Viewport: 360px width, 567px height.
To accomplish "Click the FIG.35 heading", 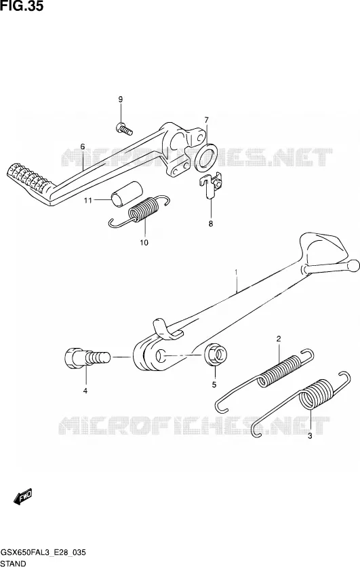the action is point(22,6).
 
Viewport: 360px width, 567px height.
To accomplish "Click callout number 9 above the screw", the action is point(121,100).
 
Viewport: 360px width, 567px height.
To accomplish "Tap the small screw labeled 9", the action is point(124,128).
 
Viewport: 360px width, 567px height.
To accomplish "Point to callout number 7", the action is point(206,119).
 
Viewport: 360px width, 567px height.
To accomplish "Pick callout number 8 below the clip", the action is point(211,223).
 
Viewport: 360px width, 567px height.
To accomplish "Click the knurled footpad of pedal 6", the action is point(28,178).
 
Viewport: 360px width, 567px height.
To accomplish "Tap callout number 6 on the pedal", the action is point(83,146).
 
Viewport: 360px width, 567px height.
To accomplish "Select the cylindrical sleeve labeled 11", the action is point(127,194).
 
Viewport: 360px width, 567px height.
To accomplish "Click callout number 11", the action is point(88,200).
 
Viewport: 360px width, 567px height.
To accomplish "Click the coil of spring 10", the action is point(144,209).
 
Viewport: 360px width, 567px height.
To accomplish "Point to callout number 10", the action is point(144,243).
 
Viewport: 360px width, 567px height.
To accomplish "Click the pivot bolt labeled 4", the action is point(87,357).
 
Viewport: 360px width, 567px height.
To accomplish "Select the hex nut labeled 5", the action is point(216,355).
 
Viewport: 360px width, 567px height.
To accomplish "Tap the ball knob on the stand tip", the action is point(353,266).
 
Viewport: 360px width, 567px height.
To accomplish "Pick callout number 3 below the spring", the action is point(310,436).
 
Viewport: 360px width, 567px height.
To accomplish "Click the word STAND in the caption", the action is point(14,563).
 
